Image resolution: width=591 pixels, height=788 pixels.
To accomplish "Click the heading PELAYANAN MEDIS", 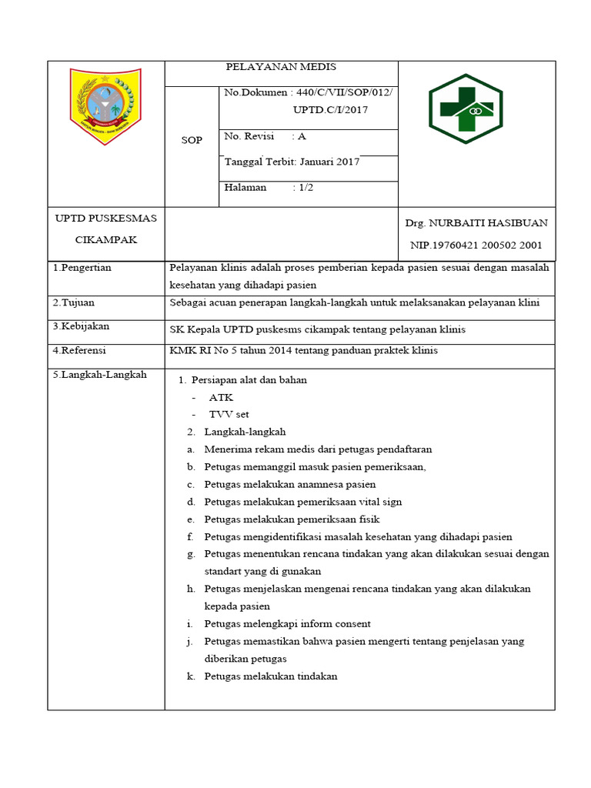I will [x=281, y=67].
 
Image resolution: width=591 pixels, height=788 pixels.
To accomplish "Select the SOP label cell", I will [x=192, y=140].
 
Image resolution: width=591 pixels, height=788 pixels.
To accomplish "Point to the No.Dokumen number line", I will [x=308, y=93].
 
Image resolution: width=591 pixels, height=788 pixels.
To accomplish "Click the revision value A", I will [x=302, y=136].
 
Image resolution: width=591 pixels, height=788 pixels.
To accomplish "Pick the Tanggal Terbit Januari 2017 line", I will [x=292, y=162].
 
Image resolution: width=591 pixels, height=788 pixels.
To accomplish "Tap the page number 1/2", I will [x=308, y=187].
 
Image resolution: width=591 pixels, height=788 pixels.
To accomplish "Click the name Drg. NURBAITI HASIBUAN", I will [x=476, y=223].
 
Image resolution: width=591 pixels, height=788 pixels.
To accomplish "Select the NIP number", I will [x=476, y=245].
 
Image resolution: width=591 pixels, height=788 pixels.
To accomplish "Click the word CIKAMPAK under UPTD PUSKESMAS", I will [x=105, y=239].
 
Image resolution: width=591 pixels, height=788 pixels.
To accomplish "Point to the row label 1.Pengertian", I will [x=82, y=268].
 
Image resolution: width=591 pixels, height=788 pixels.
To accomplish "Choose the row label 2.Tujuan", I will [x=74, y=302].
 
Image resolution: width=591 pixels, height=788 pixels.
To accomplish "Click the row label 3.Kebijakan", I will [x=81, y=326].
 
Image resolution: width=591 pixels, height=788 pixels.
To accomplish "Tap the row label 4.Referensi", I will [x=80, y=350].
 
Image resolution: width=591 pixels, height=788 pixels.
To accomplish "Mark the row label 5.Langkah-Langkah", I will [x=99, y=375].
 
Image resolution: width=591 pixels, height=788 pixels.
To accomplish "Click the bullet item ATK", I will [x=221, y=397].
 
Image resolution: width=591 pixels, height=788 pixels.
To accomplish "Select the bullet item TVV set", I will [x=229, y=414].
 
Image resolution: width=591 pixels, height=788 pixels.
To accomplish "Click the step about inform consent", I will [x=287, y=623].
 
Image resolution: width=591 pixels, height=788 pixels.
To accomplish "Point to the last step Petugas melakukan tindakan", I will [x=271, y=676].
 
